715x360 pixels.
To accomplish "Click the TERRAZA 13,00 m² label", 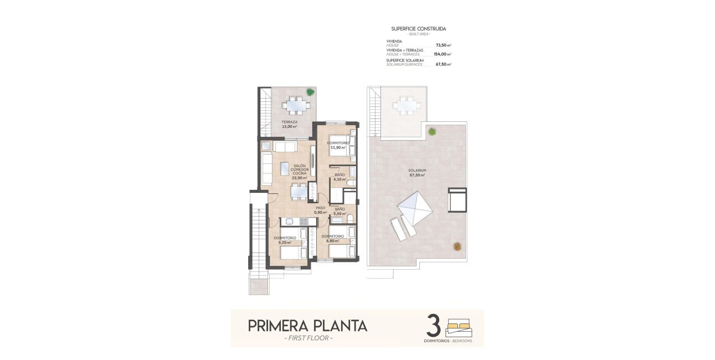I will (289, 124).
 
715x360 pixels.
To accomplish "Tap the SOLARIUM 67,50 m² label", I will (417, 172).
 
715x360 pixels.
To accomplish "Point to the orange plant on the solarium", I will (457, 246).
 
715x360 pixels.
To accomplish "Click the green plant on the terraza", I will (309, 92).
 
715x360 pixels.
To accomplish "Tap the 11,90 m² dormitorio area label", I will (338, 146).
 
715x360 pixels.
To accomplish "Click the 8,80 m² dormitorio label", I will (333, 239).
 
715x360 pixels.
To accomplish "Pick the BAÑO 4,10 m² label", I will (340, 177).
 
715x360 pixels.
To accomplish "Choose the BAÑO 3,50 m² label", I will (340, 212).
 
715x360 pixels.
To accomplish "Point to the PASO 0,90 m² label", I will (321, 210).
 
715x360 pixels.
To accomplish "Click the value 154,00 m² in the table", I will (442, 54).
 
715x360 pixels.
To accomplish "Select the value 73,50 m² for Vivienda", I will (443, 45).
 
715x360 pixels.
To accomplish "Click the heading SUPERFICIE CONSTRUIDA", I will (418, 28).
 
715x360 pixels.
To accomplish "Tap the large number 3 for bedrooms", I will (434, 326).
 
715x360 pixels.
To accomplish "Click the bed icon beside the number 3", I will (459, 327).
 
